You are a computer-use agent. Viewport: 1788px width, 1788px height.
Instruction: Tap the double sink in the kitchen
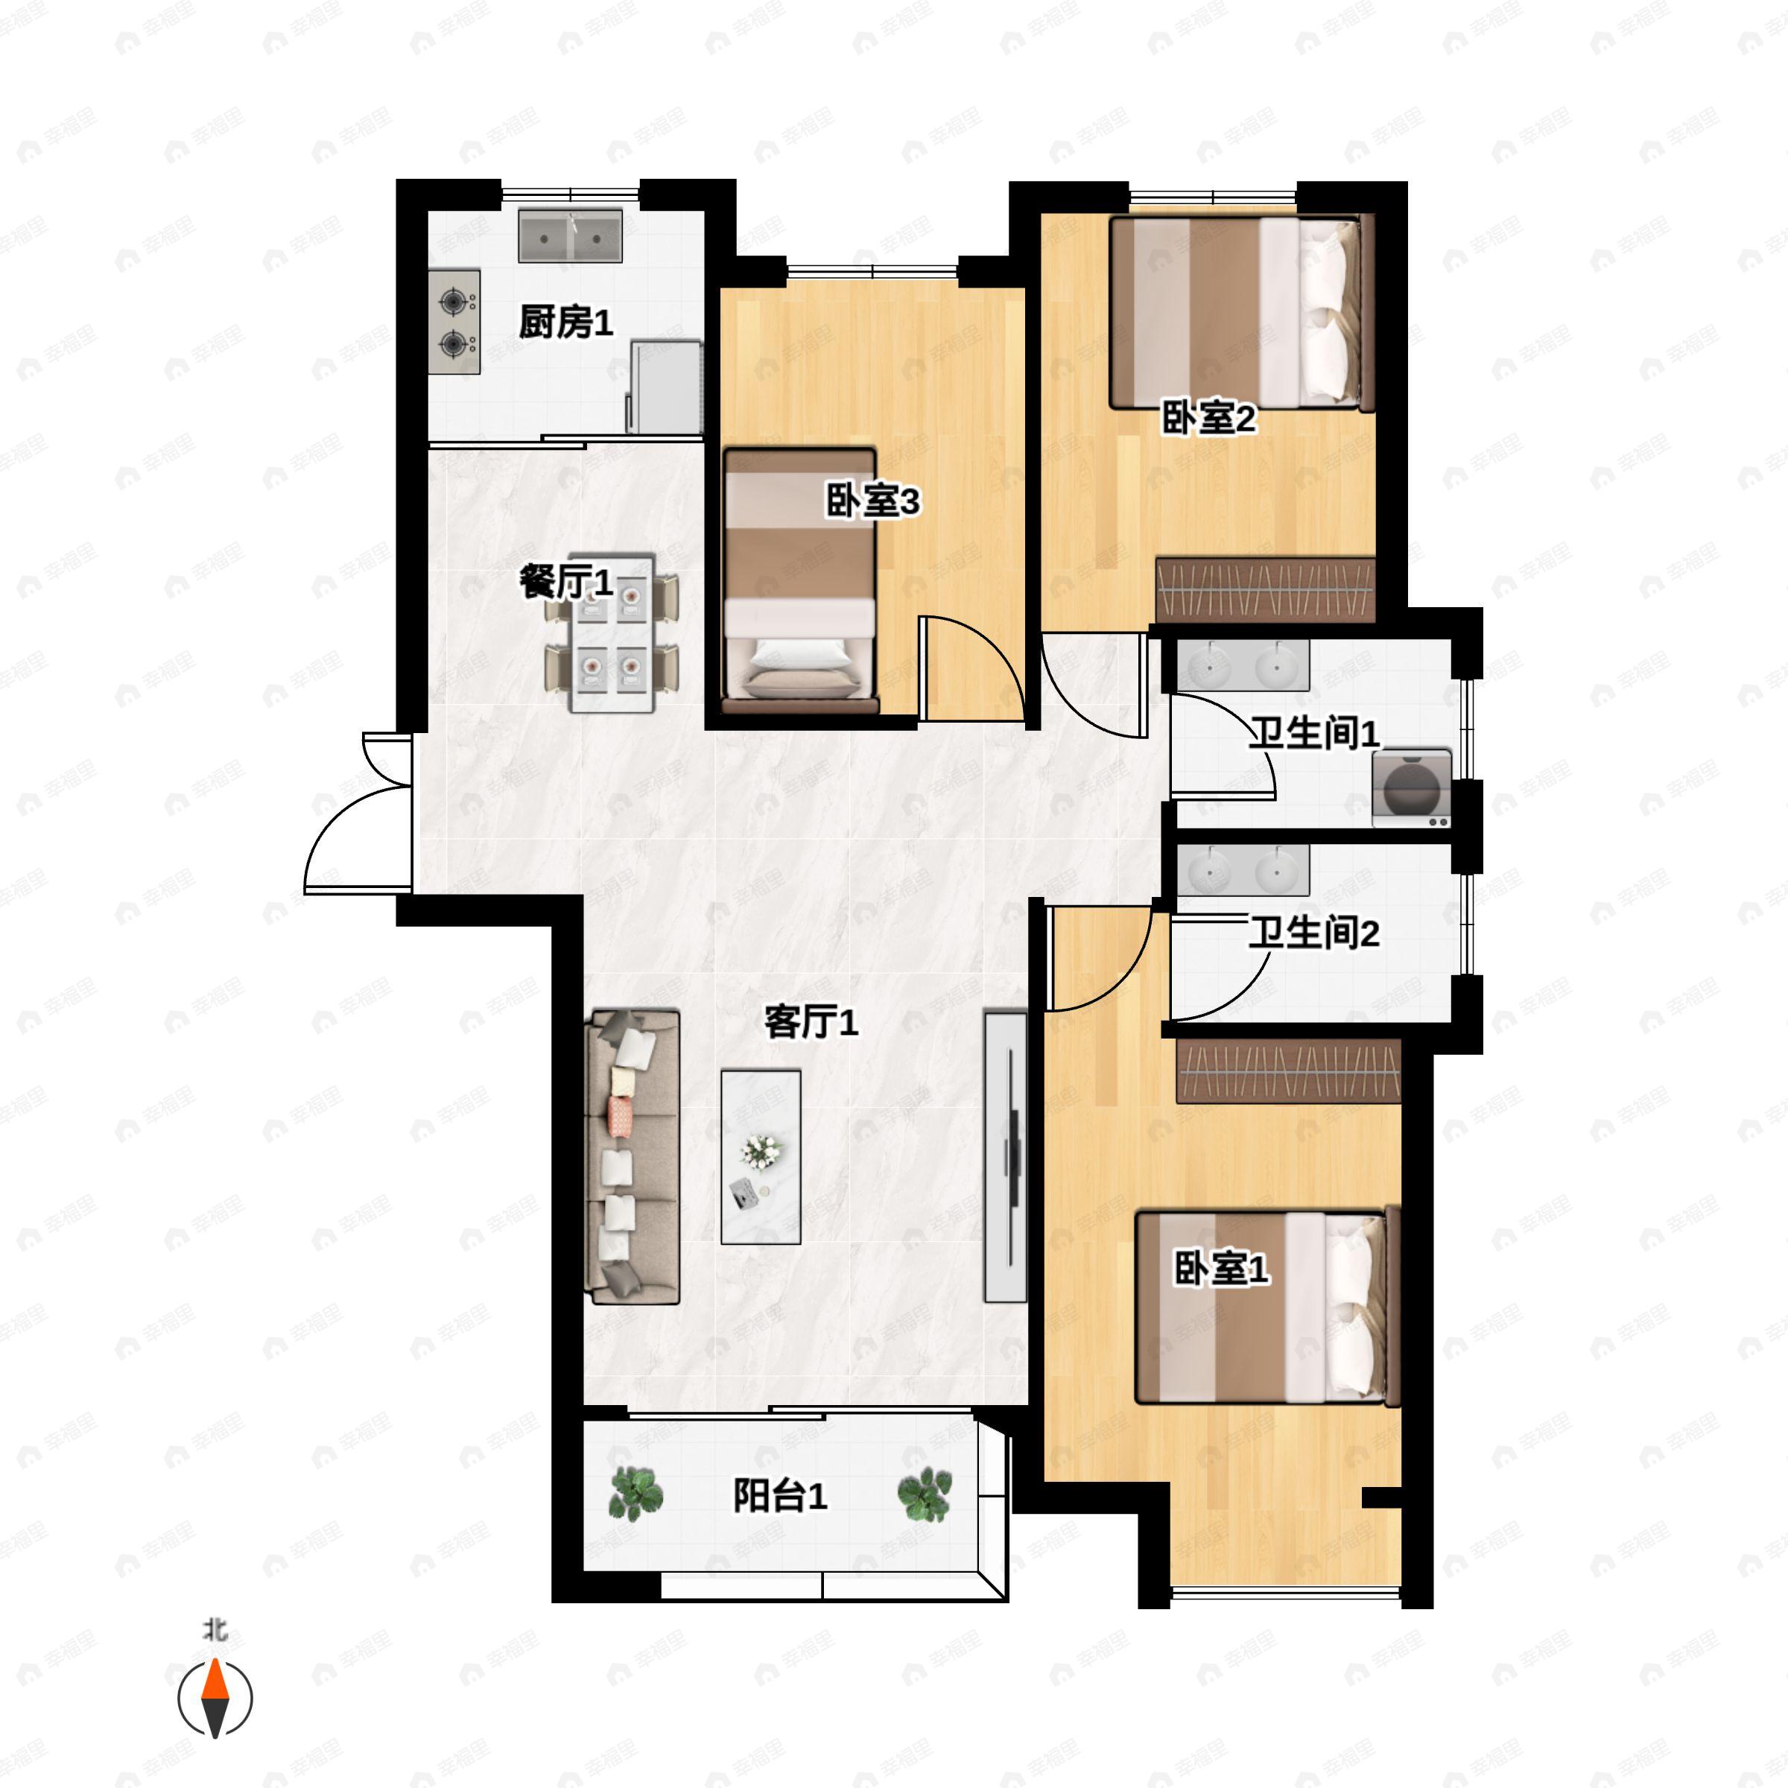(570, 235)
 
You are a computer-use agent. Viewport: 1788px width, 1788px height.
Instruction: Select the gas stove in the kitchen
(454, 322)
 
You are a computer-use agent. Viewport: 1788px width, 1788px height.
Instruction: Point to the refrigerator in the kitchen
(665, 387)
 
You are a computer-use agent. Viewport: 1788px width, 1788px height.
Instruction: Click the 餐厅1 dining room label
(565, 583)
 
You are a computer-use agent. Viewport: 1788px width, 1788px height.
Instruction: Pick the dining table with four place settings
(612, 633)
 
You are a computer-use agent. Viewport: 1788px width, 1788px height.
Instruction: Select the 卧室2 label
(1208, 418)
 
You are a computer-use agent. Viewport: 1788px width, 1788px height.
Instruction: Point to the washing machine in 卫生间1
(1411, 787)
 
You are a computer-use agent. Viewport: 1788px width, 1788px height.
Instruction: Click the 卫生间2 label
(1313, 933)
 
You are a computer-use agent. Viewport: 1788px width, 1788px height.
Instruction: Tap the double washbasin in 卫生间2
(1243, 870)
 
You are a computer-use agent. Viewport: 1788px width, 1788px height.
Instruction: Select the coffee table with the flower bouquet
(761, 1157)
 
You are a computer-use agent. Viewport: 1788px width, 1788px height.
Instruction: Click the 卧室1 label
(1221, 1268)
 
